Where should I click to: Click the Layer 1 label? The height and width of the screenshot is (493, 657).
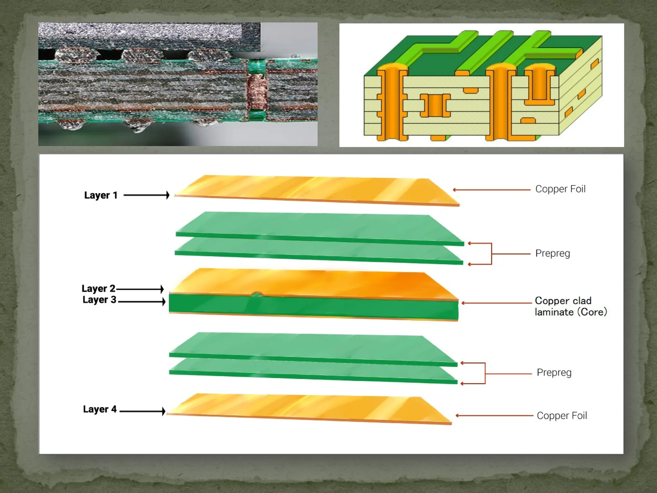[x=101, y=195]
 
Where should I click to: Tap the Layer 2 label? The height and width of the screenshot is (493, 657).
[x=98, y=288]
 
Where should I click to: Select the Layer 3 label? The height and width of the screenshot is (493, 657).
[x=99, y=299]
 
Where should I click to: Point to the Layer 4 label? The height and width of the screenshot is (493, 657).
[x=100, y=409]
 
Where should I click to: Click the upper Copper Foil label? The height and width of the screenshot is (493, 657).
[x=560, y=189]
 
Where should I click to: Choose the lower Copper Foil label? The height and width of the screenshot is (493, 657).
[x=562, y=416]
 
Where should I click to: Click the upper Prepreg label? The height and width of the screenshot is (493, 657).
[x=552, y=253]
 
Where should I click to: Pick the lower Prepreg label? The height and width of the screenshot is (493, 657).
[x=554, y=372]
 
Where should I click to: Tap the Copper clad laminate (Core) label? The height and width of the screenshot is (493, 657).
[x=570, y=306]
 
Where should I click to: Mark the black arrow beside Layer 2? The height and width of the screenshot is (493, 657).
[x=140, y=289]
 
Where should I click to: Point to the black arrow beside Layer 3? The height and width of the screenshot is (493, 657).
[x=141, y=301]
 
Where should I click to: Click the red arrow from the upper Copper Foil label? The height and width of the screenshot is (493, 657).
[x=491, y=190]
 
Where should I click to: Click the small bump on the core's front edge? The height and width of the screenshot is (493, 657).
[x=257, y=294]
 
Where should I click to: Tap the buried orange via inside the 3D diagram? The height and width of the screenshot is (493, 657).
[x=435, y=105]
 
